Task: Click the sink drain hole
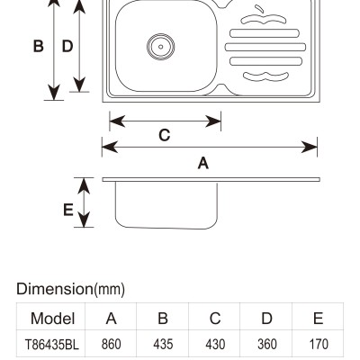click(x=161, y=47)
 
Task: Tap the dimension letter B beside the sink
click(x=39, y=47)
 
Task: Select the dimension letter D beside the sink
click(x=67, y=47)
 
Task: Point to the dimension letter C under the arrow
click(x=165, y=135)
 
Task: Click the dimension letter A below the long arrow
click(x=203, y=163)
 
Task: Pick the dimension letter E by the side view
click(x=68, y=210)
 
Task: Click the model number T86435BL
click(x=52, y=344)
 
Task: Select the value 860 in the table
click(x=111, y=344)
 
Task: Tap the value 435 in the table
click(x=163, y=344)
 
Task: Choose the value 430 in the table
click(x=215, y=344)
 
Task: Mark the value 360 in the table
click(x=267, y=344)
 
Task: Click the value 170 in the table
click(x=319, y=344)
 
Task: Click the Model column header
click(x=52, y=318)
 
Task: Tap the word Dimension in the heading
click(x=55, y=289)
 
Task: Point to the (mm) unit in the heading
click(x=110, y=290)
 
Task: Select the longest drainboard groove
click(x=265, y=47)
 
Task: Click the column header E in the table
click(x=319, y=318)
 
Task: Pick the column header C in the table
click(x=215, y=318)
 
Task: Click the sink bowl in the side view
click(x=166, y=205)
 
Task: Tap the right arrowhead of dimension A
click(x=310, y=147)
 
